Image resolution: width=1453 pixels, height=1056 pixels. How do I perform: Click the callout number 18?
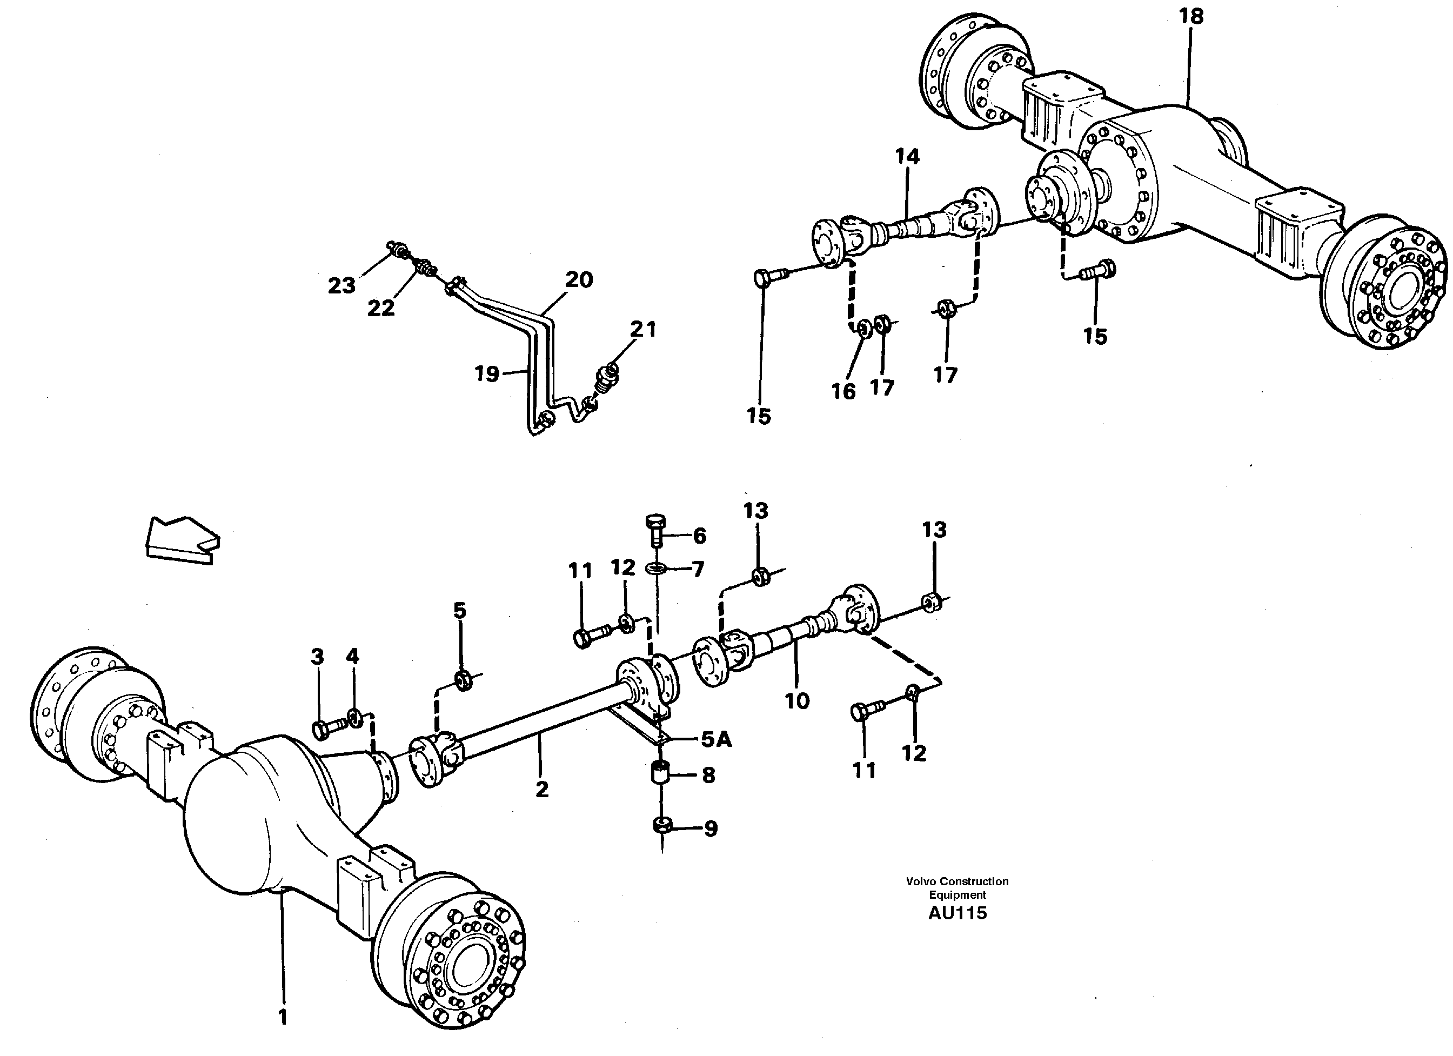[x=1191, y=17]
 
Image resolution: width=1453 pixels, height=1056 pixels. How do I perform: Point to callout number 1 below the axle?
[x=283, y=1017]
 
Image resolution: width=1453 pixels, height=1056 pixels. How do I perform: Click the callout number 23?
[x=342, y=286]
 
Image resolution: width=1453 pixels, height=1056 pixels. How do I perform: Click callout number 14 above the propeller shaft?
[x=907, y=156]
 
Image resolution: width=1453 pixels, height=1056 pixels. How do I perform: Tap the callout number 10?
[x=797, y=701]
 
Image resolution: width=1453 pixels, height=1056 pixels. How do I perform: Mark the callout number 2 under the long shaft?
[x=542, y=790]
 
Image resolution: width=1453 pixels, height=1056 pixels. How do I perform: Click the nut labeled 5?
[x=463, y=679]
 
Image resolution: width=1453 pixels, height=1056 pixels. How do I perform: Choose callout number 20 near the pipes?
[x=579, y=280]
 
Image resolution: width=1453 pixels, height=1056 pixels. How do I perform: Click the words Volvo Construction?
[x=956, y=881]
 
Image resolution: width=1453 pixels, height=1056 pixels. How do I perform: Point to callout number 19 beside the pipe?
[x=486, y=373]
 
